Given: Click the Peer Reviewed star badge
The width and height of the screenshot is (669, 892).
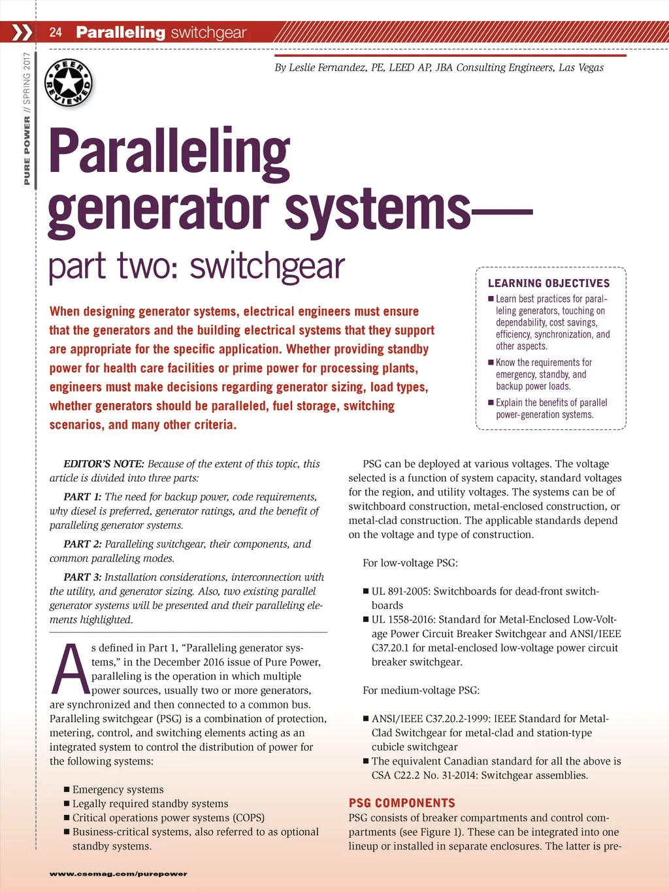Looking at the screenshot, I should pos(69,84).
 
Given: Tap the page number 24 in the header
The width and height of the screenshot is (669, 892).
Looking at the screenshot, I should pos(56,32).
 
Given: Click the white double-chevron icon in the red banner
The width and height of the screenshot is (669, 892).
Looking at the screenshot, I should pos(22,32).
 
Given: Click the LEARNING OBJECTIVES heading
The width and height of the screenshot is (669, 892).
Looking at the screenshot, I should pos(549,283).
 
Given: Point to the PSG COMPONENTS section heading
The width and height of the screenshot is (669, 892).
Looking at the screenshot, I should pos(402,803).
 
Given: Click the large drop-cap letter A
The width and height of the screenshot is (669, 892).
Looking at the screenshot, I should pos(69,670).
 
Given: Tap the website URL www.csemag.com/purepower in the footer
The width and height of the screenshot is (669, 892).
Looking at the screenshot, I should pos(118,874).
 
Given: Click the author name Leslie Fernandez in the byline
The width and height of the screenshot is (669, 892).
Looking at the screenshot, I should pos(327,67).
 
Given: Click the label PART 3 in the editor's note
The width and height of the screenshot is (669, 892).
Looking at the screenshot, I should pos(82,577).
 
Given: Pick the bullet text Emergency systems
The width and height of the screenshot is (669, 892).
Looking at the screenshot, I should pos(118,789).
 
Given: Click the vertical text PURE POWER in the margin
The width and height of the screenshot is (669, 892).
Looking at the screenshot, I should pos(27,150).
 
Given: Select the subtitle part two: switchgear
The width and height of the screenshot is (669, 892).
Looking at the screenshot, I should pos(197,267).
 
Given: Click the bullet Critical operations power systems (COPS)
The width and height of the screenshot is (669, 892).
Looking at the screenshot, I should pos(168,818).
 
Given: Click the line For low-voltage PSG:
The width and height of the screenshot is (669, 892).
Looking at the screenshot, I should pos(410,563).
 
